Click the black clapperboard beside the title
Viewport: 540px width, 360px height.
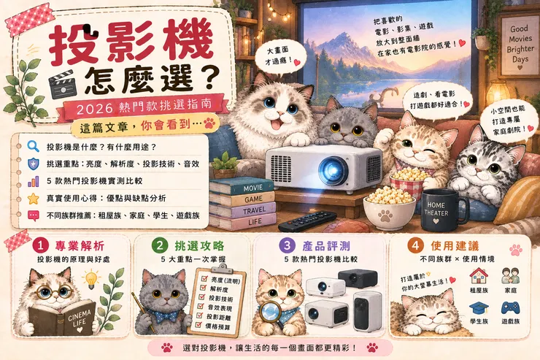pos(63,84)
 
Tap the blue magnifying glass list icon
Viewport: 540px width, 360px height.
pos(33,147)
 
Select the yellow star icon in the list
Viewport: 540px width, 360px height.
pos(33,199)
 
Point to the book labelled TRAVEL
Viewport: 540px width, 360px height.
pos(243,210)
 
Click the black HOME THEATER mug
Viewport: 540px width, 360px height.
pos(441,210)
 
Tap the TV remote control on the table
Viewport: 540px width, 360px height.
pos(306,221)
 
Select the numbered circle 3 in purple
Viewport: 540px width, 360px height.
pos(287,245)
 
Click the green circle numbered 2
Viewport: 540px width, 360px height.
pos(160,245)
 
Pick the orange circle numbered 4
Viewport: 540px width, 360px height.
pos(415,245)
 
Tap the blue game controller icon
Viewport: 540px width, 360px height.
pos(510,308)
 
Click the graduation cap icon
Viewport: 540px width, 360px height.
pos(479,308)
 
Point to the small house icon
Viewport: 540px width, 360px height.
pos(479,276)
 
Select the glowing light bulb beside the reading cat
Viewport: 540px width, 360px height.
pos(91,278)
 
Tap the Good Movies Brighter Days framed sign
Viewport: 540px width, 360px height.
pos(520,44)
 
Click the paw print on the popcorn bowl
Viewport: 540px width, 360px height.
pos(385,216)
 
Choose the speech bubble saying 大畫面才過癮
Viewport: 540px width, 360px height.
pos(280,57)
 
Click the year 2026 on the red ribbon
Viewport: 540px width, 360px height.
pos(95,110)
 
